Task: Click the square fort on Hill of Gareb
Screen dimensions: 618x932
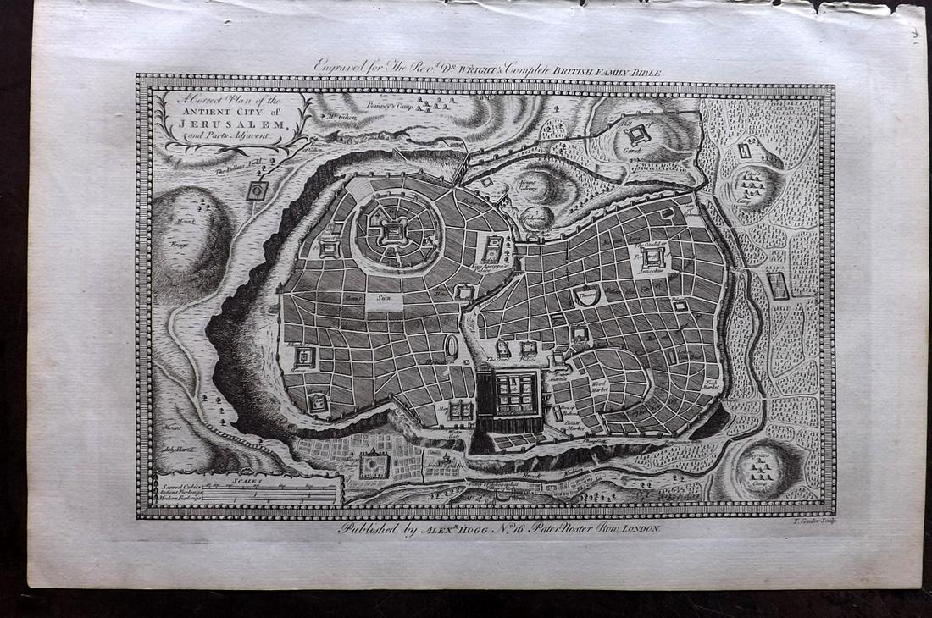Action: [x=637, y=133]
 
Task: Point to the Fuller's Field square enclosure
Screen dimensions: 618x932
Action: [x=258, y=190]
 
